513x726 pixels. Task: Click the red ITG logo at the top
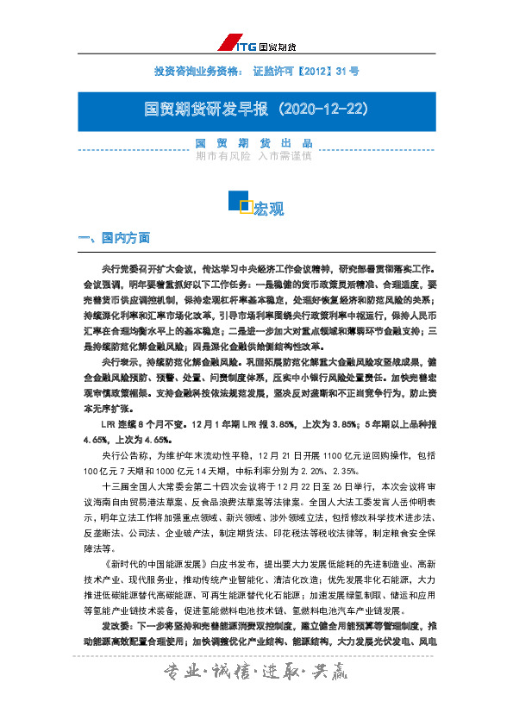tap(241, 45)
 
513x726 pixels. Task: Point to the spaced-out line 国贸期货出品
tap(253, 143)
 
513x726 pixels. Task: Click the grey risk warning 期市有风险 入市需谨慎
tap(253, 157)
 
